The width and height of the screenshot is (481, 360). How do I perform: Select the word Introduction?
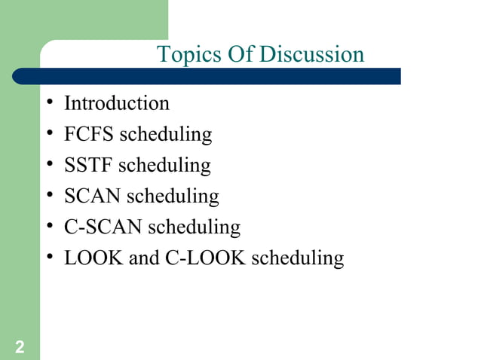pos(117,103)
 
